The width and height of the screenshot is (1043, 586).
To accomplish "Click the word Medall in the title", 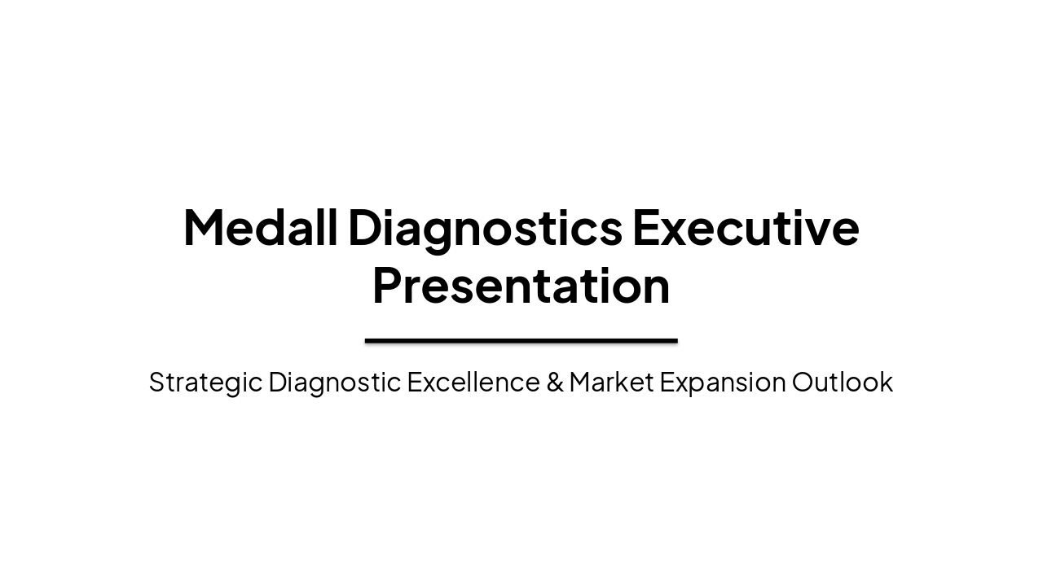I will point(260,227).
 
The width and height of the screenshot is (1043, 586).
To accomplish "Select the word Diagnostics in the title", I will point(485,229).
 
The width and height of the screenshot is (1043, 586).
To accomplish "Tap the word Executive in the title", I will point(745,227).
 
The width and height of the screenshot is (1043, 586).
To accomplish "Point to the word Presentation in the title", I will point(521,286).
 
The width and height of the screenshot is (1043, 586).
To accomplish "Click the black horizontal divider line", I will point(521,341).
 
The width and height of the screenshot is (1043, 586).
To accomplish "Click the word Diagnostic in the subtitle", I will point(334,383).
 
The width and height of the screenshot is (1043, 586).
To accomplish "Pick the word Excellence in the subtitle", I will point(473,382).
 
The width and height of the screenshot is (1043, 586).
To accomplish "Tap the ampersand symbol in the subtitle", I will point(555,382).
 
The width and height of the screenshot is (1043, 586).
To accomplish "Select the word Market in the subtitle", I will point(611,382).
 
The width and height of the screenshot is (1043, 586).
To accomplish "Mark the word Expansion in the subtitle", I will point(723,383).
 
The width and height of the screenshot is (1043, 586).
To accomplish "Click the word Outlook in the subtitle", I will point(843,382).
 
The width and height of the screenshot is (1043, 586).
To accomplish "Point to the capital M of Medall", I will point(203,227).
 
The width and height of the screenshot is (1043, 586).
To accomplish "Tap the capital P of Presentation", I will point(386,286).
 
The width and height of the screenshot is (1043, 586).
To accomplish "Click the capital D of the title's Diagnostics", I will point(366,227).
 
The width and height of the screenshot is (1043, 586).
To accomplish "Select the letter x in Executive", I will point(673,231).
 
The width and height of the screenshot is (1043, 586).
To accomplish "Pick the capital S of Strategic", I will point(156,382).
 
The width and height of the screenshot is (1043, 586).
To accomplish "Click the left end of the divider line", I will point(367,341).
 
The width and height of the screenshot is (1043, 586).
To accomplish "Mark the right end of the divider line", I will point(676,341).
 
